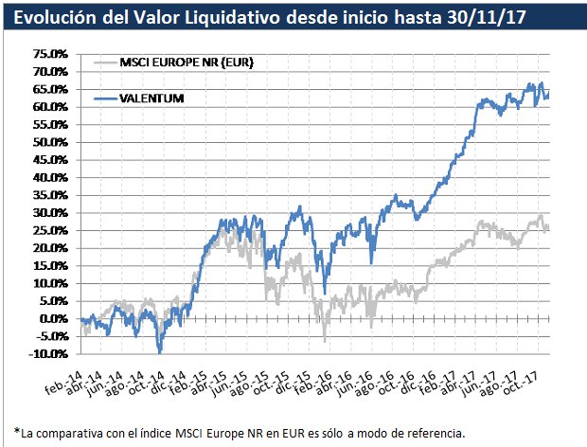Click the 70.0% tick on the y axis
pyautogui.click(x=49, y=72)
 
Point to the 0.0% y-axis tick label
pyautogui.click(x=52, y=319)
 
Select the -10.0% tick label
pyautogui.click(x=49, y=354)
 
